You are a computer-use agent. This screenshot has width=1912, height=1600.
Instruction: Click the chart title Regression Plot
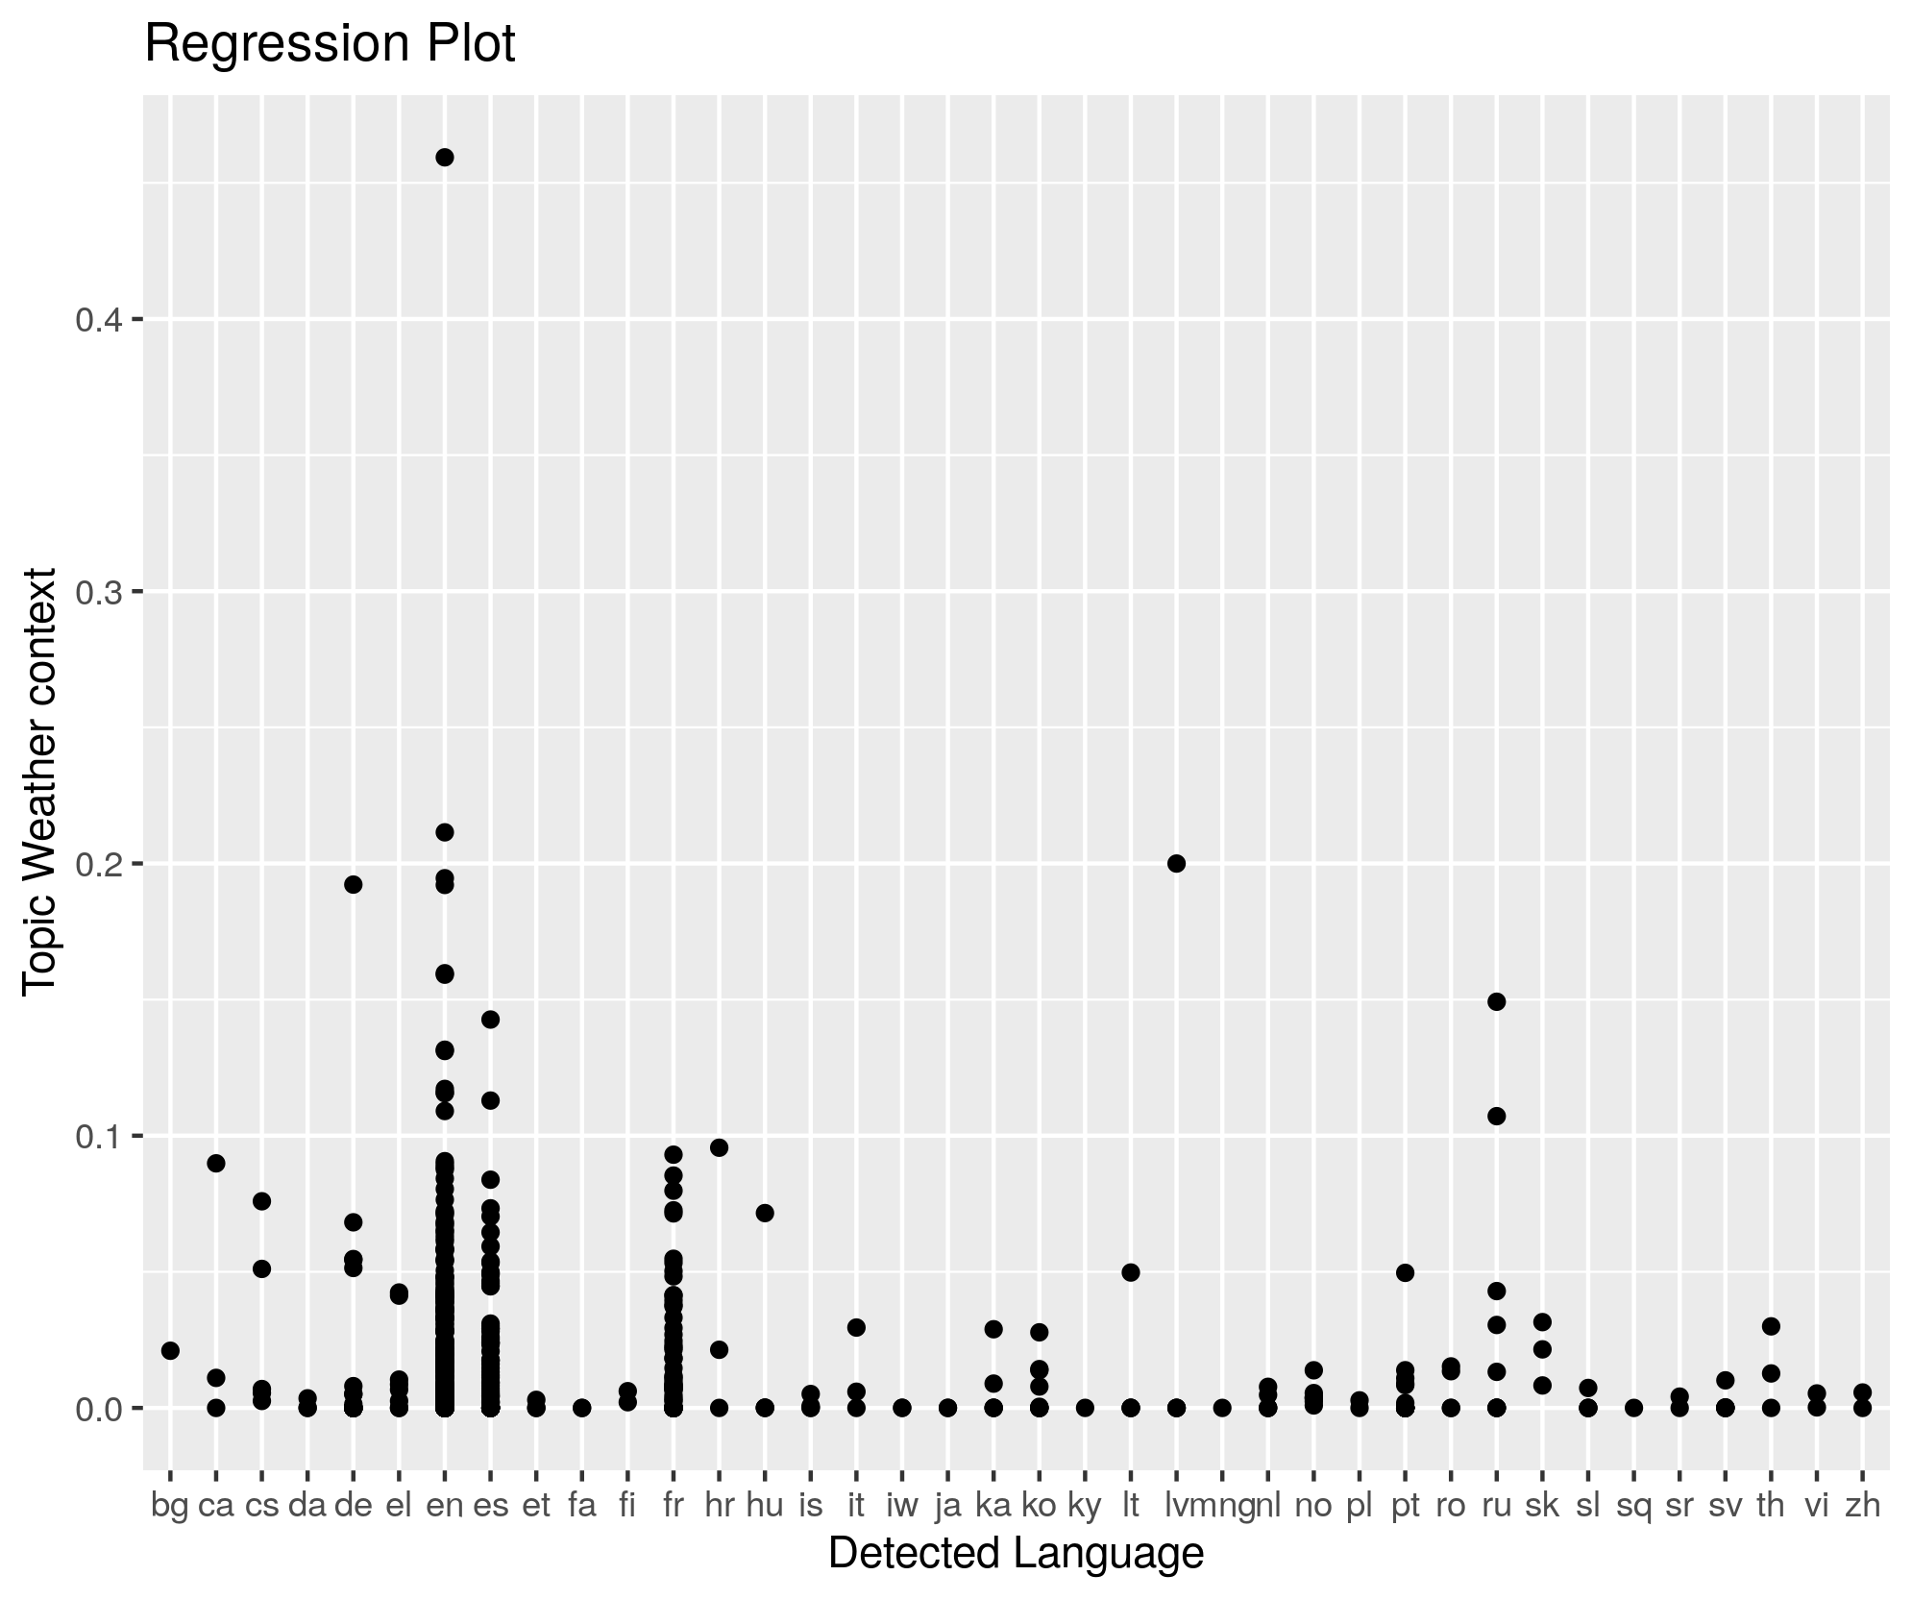click(x=330, y=45)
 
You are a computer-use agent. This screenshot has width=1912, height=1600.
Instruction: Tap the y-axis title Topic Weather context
click(x=40, y=781)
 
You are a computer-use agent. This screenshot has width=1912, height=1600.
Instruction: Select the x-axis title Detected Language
click(x=1016, y=1553)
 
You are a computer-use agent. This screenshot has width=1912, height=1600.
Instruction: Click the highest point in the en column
click(x=445, y=158)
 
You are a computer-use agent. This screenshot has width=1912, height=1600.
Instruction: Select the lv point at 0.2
click(x=1177, y=863)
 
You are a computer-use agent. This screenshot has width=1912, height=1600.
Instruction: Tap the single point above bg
click(x=170, y=1350)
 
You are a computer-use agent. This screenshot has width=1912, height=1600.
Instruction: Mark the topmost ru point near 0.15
click(x=1496, y=1001)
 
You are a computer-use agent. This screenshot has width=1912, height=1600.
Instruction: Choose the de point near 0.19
click(x=354, y=884)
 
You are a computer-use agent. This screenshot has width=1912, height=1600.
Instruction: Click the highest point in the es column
click(x=490, y=1020)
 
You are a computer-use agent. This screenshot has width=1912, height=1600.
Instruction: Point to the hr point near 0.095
click(x=719, y=1147)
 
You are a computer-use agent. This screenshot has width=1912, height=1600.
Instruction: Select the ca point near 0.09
click(x=216, y=1163)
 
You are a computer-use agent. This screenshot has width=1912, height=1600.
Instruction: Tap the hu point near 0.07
click(x=765, y=1213)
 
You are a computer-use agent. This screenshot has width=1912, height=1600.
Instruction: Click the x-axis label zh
click(x=1862, y=1506)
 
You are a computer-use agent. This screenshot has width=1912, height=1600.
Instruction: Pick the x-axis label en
click(x=445, y=1506)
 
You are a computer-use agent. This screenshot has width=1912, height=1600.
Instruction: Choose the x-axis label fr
click(x=674, y=1506)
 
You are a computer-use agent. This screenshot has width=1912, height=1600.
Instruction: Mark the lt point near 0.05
click(x=1131, y=1272)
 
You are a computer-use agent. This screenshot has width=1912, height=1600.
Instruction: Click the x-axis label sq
click(x=1633, y=1506)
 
